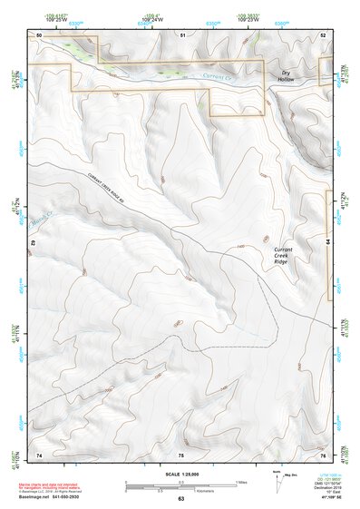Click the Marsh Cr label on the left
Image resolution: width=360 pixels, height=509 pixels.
44,219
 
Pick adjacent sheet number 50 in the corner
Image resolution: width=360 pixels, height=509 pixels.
39,34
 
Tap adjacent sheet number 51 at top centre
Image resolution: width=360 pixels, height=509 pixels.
182,34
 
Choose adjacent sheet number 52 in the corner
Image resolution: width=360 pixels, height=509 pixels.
322,34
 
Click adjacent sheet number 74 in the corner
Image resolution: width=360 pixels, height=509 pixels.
39,453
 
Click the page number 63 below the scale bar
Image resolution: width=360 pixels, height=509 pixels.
180,498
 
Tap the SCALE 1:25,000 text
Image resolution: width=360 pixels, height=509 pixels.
180,473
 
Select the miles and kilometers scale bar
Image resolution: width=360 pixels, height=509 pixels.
180,484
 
